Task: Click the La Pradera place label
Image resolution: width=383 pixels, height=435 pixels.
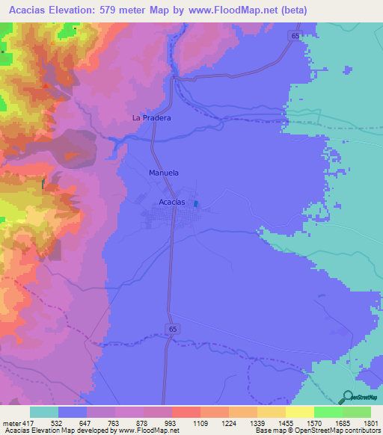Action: (152, 118)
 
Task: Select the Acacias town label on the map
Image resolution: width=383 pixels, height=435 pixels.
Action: (173, 203)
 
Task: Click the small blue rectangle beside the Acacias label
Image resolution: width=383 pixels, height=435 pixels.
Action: (196, 203)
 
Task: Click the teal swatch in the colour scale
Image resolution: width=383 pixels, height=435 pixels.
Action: (43, 412)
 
